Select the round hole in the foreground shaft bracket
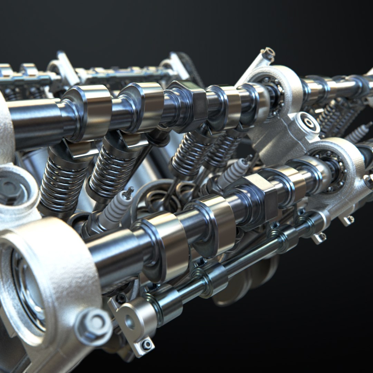coord(130,322)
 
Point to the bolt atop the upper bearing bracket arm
coord(268,54)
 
